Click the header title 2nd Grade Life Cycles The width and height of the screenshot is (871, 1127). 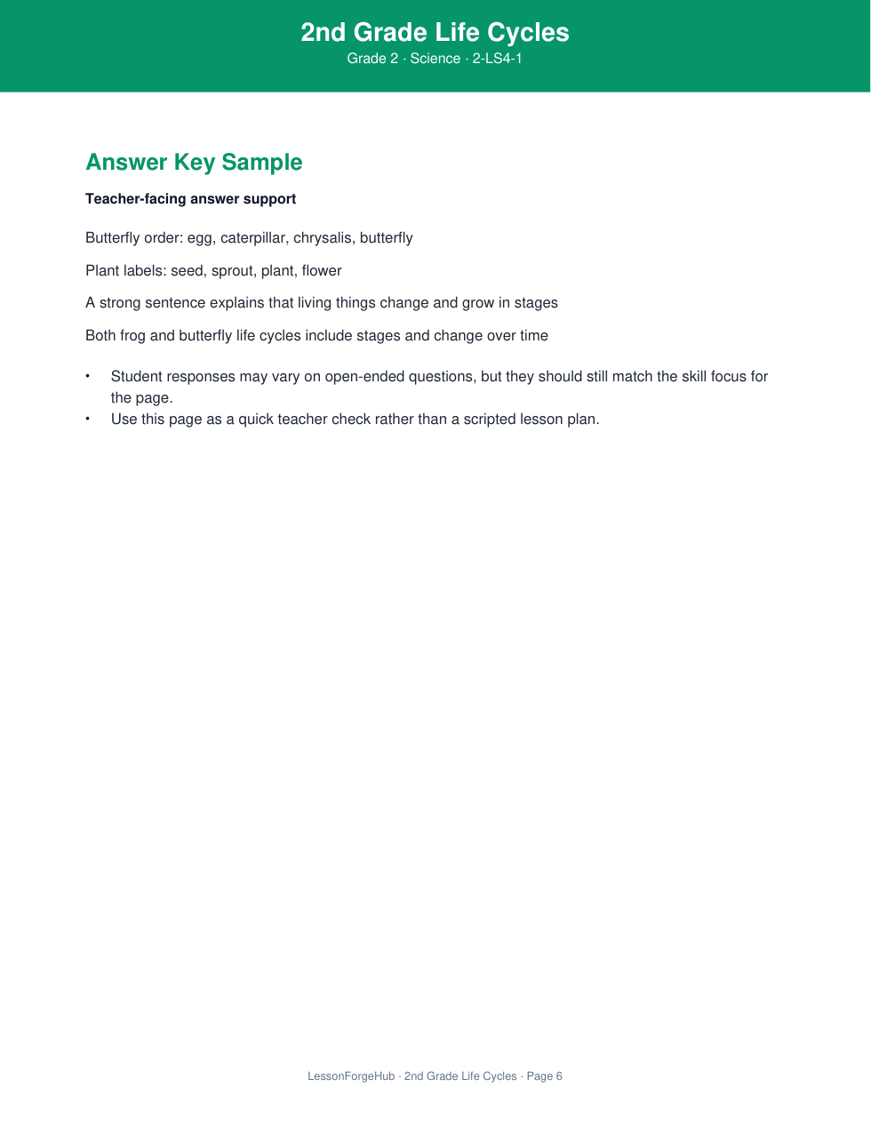[x=435, y=33]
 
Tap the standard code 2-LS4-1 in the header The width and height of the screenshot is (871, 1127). [x=497, y=59]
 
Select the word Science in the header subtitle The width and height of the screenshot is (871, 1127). [x=435, y=59]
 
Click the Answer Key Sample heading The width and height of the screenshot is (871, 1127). [x=194, y=163]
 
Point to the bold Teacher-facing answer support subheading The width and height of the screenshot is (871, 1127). [x=190, y=199]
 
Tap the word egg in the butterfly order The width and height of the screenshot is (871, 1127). [x=199, y=238]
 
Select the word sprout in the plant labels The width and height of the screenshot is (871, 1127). [x=233, y=271]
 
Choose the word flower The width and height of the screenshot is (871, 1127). [x=322, y=271]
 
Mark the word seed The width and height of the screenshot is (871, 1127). [x=187, y=271]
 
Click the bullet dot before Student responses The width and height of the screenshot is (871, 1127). [x=88, y=376]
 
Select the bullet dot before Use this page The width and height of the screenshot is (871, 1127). [x=88, y=419]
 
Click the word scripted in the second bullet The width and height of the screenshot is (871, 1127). [x=489, y=420]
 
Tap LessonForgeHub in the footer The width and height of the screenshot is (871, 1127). [x=351, y=1076]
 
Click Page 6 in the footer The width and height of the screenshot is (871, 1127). [x=544, y=1076]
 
